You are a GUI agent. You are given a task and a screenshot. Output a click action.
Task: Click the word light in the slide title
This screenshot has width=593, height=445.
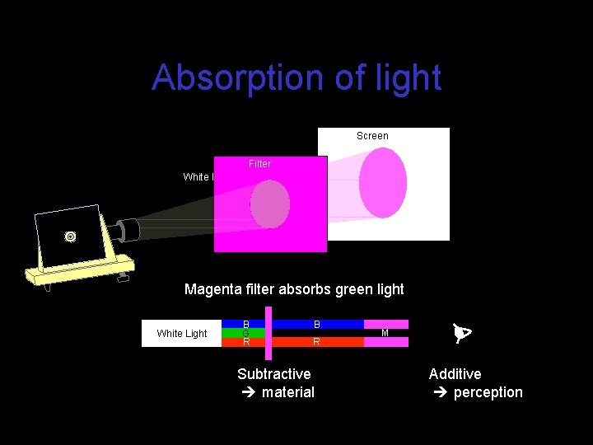(x=405, y=78)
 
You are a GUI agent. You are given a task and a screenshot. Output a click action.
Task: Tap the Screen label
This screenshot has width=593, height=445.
(x=372, y=136)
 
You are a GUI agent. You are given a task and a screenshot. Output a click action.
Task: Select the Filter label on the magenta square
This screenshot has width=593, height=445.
(x=259, y=164)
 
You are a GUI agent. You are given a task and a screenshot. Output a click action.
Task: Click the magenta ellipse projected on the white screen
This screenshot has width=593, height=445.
(x=382, y=183)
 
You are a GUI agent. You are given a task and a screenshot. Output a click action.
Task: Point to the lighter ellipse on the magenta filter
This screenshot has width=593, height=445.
(x=270, y=204)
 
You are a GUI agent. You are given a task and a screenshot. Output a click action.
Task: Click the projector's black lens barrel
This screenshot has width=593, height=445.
(x=129, y=228)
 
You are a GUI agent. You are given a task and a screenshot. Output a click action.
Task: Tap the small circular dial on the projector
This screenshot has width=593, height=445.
(x=71, y=237)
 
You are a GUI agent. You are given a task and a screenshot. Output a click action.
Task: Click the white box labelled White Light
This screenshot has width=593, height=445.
(x=182, y=333)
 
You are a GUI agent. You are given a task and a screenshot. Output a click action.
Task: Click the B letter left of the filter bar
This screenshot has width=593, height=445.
(x=245, y=325)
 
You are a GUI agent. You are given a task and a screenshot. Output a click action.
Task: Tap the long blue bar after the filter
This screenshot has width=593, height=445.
(x=318, y=325)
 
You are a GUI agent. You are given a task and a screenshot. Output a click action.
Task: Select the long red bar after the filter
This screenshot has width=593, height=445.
(x=318, y=341)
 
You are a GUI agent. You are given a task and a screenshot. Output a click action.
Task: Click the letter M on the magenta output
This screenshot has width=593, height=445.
(x=385, y=333)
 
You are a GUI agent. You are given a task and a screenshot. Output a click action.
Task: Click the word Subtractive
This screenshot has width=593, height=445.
(x=274, y=374)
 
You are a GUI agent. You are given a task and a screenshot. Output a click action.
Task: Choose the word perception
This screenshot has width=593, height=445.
(x=488, y=392)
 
